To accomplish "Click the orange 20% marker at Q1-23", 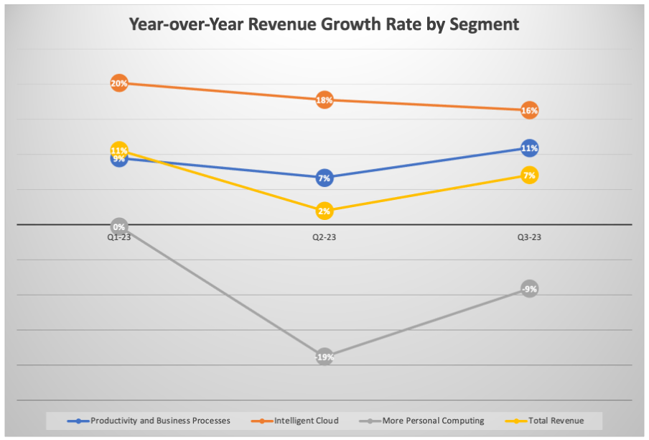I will [119, 83].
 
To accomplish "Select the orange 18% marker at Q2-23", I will [324, 100].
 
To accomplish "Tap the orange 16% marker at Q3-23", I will [529, 111].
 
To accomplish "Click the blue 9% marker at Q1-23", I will [119, 160].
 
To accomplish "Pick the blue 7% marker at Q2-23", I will [324, 178].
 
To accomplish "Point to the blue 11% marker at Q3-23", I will [529, 148].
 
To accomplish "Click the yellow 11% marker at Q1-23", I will [119, 150].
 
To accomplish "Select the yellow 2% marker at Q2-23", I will [324, 211].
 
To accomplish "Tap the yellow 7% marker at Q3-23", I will [529, 175].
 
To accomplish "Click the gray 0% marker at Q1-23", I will [119, 226].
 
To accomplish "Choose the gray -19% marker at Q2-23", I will [324, 357].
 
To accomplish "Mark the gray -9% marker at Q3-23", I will [529, 289].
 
